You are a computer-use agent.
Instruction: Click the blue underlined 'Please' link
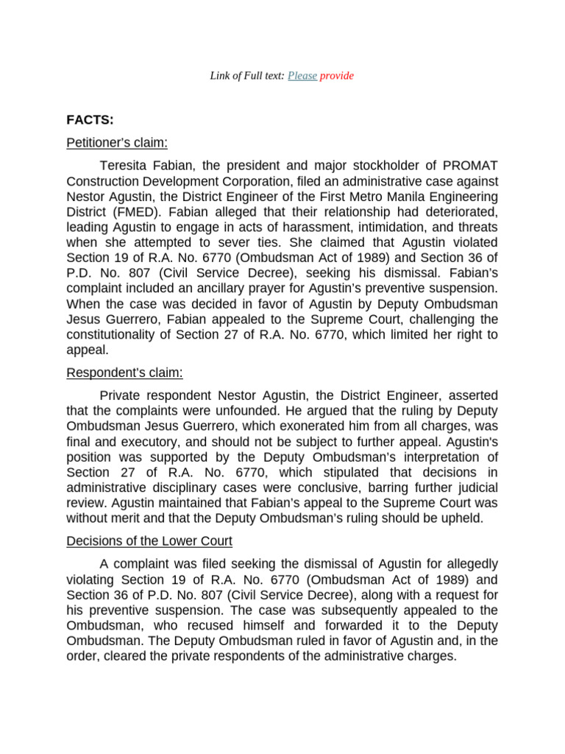(302, 76)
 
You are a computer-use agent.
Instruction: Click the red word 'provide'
(337, 76)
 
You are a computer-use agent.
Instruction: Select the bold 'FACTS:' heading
(90, 119)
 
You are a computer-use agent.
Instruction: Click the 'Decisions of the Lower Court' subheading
(149, 541)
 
